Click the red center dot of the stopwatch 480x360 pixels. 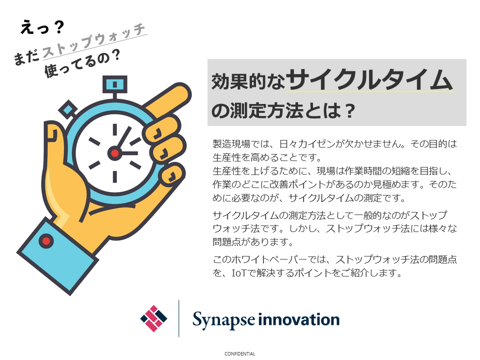click(115, 153)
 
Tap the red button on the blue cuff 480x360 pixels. click(46, 241)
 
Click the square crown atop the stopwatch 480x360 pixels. click(115, 84)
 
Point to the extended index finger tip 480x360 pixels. click(181, 92)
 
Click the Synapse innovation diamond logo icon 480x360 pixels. click(153, 318)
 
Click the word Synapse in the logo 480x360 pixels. click(223, 320)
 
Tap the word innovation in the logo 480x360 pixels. click(299, 319)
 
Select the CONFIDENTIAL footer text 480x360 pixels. click(239, 354)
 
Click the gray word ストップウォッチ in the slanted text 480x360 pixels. click(93, 41)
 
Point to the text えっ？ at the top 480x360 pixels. click(42, 27)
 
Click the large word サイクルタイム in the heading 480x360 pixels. click(369, 79)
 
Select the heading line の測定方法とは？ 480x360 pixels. click(283, 110)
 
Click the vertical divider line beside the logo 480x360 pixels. click(179, 318)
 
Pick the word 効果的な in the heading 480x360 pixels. click(248, 81)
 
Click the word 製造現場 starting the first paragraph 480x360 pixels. click(231, 143)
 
